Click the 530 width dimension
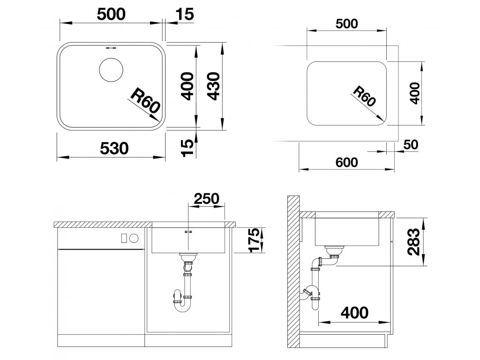tap(114, 149)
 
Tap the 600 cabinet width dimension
tap(346, 162)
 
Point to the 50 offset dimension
tap(411, 144)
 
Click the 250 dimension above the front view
tap(207, 199)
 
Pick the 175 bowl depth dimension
tap(256, 240)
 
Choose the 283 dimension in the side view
tap(414, 242)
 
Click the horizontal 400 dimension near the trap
tap(354, 313)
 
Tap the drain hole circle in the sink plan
tap(111, 70)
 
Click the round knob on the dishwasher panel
tap(135, 238)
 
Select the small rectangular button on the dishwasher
tap(124, 238)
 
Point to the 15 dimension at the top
tap(185, 15)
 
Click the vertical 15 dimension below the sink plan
tap(188, 148)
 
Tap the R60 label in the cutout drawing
tap(364, 96)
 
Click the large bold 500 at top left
tap(112, 15)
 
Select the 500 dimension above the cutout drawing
tap(346, 24)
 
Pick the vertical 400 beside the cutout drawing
tap(415, 93)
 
